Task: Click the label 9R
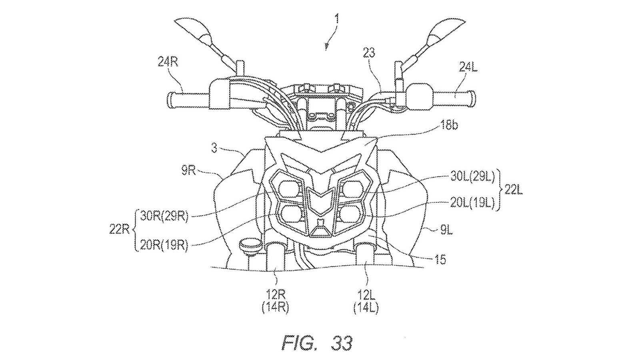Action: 187,172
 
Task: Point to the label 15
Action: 441,260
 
